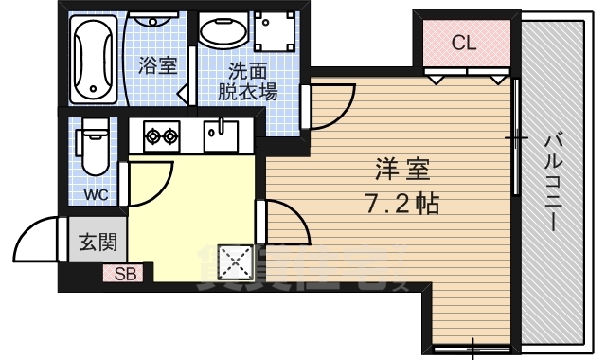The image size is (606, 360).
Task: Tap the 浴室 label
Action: pyautogui.click(x=157, y=65)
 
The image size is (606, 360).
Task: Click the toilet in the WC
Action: pyautogui.click(x=96, y=147)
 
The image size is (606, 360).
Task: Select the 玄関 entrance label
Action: pyautogui.click(x=96, y=242)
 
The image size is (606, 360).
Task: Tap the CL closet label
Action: pyautogui.click(x=463, y=43)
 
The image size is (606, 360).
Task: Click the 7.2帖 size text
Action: pyautogui.click(x=401, y=203)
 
